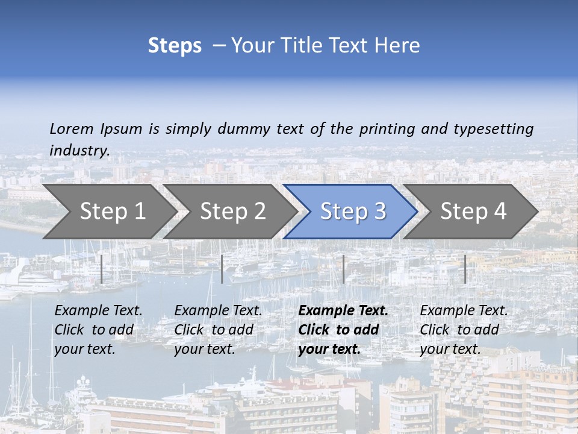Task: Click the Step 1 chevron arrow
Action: pyautogui.click(x=108, y=211)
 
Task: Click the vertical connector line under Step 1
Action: pyautogui.click(x=102, y=269)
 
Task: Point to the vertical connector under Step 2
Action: pyautogui.click(x=222, y=269)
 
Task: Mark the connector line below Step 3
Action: pyautogui.click(x=344, y=269)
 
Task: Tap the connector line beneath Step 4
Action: pyautogui.click(x=465, y=269)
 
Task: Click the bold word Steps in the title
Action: pyautogui.click(x=175, y=46)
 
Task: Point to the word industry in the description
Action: pyautogui.click(x=79, y=150)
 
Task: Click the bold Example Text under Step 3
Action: pyautogui.click(x=343, y=310)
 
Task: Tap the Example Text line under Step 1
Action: pyautogui.click(x=98, y=310)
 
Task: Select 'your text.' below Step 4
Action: pyautogui.click(x=450, y=349)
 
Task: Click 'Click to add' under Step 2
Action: pyautogui.click(x=214, y=330)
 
